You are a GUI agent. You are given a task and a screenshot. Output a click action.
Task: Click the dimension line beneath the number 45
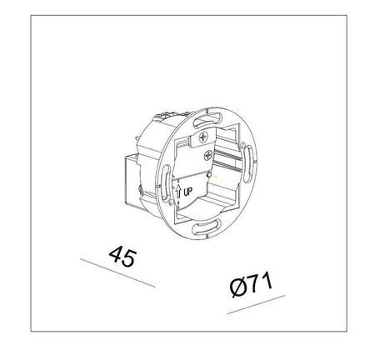click(117, 272)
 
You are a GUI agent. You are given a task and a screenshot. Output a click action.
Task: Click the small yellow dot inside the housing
click(214, 177)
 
